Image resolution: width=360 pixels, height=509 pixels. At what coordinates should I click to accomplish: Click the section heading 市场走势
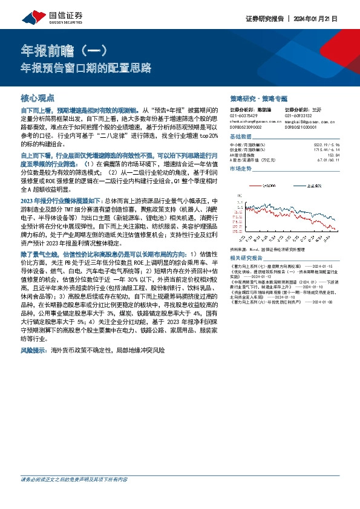[243, 169]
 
